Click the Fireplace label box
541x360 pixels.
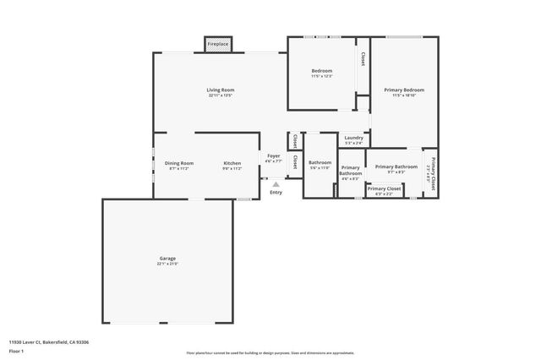[218, 43]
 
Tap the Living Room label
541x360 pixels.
[221, 90]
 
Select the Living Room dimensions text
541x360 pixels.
[221, 95]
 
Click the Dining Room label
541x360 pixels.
[179, 163]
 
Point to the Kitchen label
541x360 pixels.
[232, 163]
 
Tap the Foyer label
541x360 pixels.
[274, 155]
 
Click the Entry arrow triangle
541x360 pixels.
[276, 183]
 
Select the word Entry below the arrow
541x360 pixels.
[276, 193]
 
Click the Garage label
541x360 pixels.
[167, 259]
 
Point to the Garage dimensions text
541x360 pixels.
[167, 265]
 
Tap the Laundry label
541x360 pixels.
[353, 138]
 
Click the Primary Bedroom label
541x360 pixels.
[404, 90]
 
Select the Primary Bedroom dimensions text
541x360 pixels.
[404, 95]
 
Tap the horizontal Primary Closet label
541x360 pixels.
[384, 188]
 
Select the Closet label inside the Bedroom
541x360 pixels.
[363, 60]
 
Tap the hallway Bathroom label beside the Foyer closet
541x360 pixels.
[320, 162]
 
